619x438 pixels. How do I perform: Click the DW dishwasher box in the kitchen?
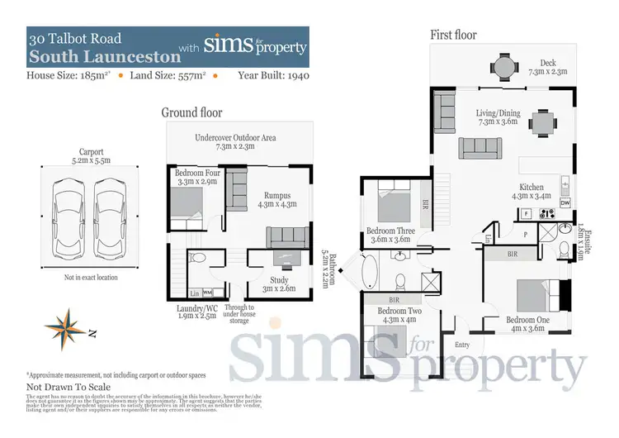[565, 202]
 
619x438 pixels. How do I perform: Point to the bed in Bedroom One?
[537, 295]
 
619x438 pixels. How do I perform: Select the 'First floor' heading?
[453, 35]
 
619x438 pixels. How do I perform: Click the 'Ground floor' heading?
[191, 112]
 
